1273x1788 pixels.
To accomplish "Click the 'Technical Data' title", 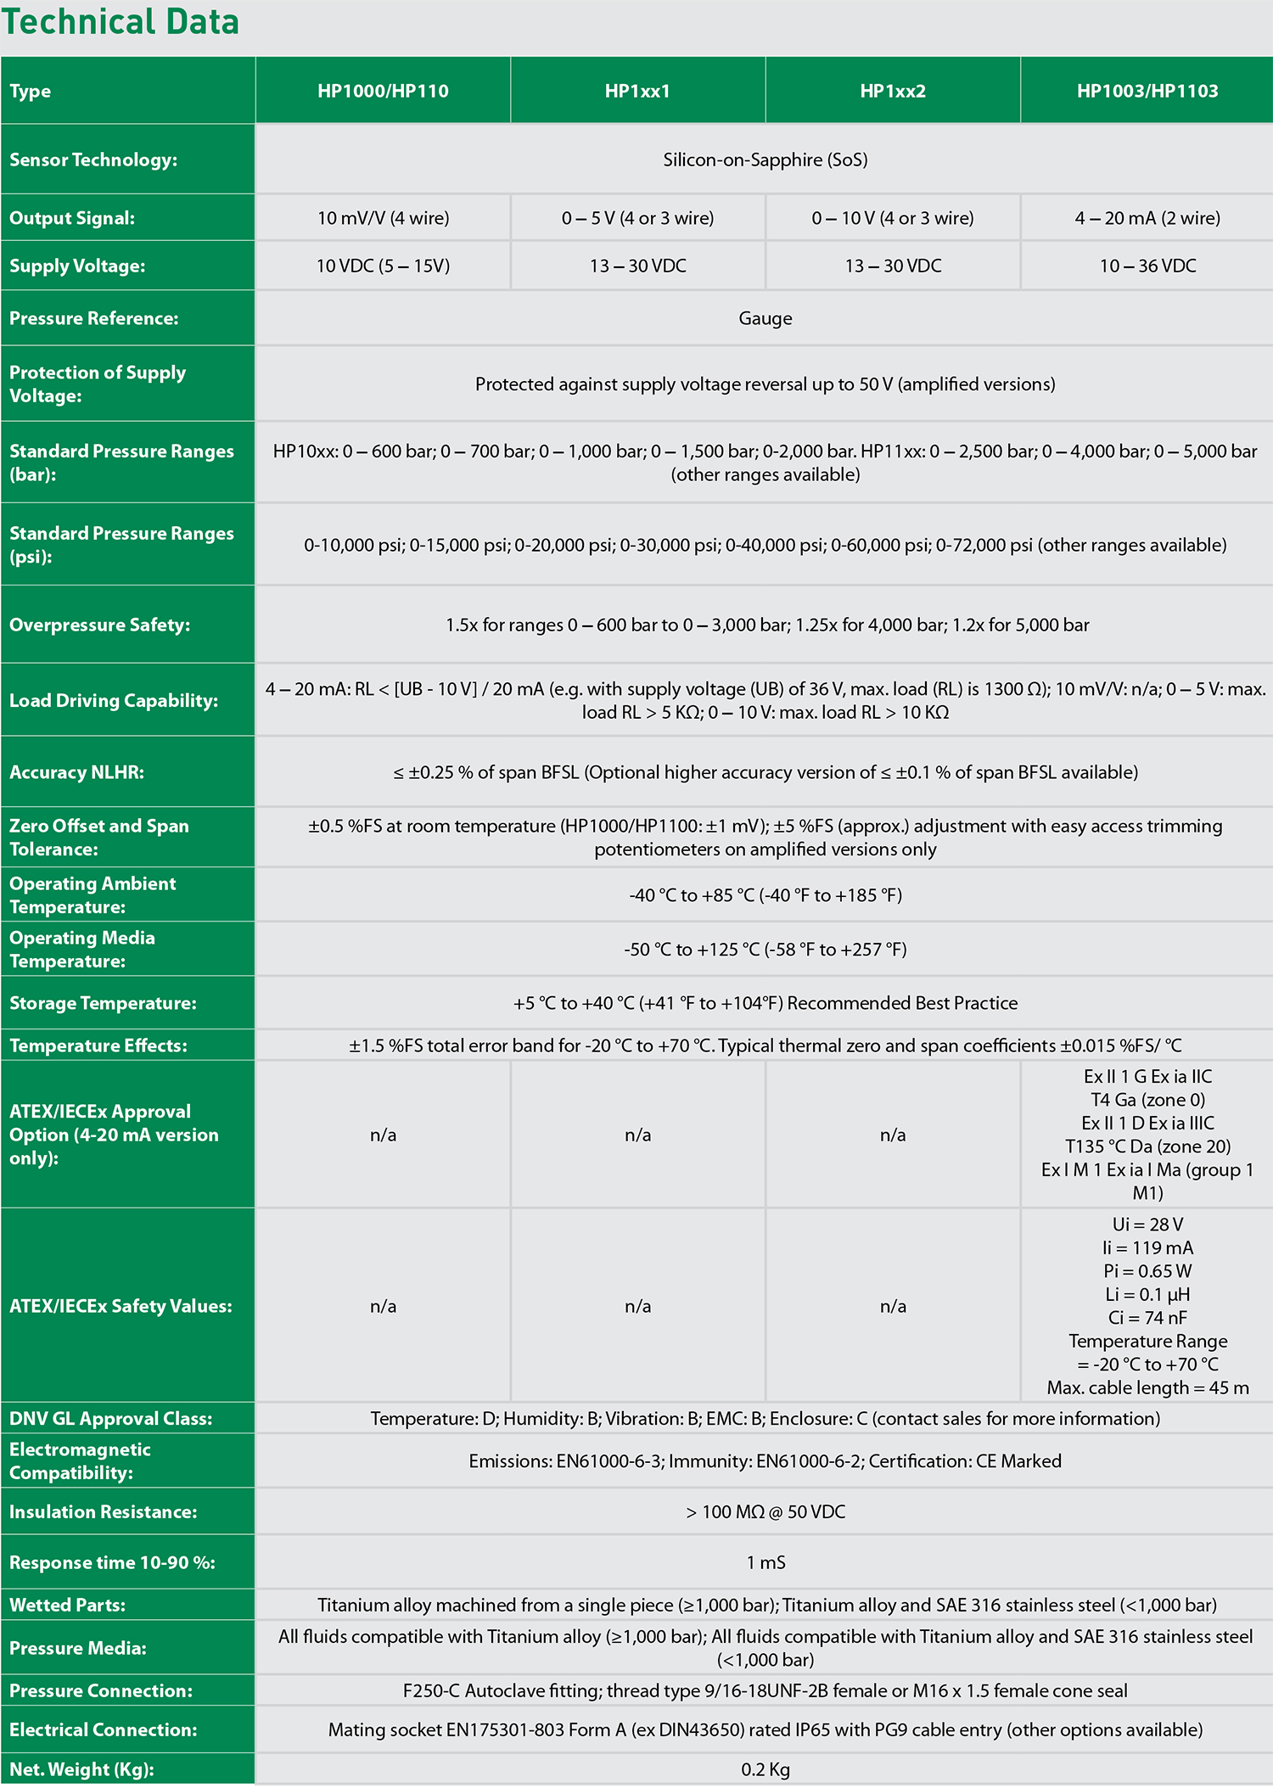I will pos(121,22).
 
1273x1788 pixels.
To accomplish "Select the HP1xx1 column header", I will pos(637,91).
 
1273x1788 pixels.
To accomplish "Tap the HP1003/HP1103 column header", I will pos(1147,91).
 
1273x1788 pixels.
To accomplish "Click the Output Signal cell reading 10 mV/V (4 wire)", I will pos(383,218).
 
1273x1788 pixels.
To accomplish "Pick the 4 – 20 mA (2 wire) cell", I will pos(1147,218).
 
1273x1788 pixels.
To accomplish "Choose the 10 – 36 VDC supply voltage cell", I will pos(1147,266).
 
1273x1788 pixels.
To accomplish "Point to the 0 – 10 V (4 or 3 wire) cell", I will pos(893,218).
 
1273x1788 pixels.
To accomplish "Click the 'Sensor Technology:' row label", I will pos(93,160).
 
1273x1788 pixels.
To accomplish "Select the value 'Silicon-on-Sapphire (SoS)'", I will pos(765,160).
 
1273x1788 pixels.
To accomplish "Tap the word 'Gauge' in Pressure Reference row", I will pos(765,318).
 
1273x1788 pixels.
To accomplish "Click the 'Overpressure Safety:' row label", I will pos(99,625).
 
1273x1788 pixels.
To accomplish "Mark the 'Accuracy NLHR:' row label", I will pos(76,772).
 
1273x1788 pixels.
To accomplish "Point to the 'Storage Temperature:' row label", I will pos(103,1003).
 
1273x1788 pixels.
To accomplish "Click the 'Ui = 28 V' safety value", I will pos(1147,1225).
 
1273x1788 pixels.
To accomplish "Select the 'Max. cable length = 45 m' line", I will pos(1147,1387).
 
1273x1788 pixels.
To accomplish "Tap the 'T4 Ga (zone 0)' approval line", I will pos(1147,1100).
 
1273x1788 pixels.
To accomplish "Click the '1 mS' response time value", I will pos(765,1562).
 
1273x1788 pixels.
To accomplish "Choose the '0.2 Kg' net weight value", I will pos(765,1769).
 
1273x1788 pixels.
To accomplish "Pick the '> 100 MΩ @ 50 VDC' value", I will pos(765,1511).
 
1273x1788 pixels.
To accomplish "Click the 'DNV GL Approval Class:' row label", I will pos(110,1419).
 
